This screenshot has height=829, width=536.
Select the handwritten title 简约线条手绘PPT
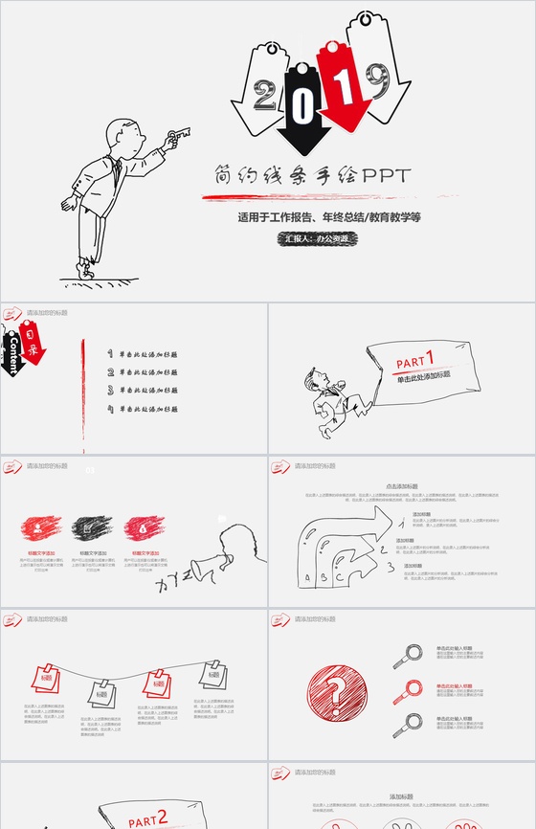[x=312, y=176]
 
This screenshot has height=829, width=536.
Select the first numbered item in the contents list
[x=144, y=354]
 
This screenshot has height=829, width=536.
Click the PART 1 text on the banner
[x=415, y=360]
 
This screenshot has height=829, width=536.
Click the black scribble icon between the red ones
[x=92, y=527]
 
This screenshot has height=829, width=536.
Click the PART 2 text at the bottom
[x=148, y=818]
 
